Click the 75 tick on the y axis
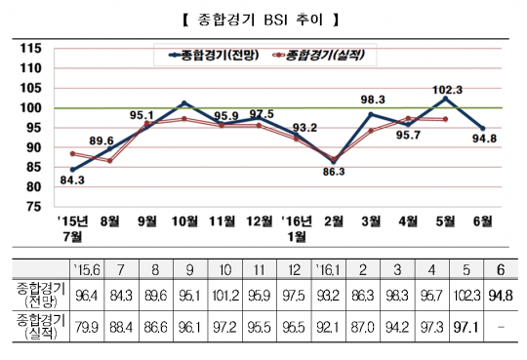pyautogui.click(x=32, y=207)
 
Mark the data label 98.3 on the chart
pyautogui.click(x=371, y=100)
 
